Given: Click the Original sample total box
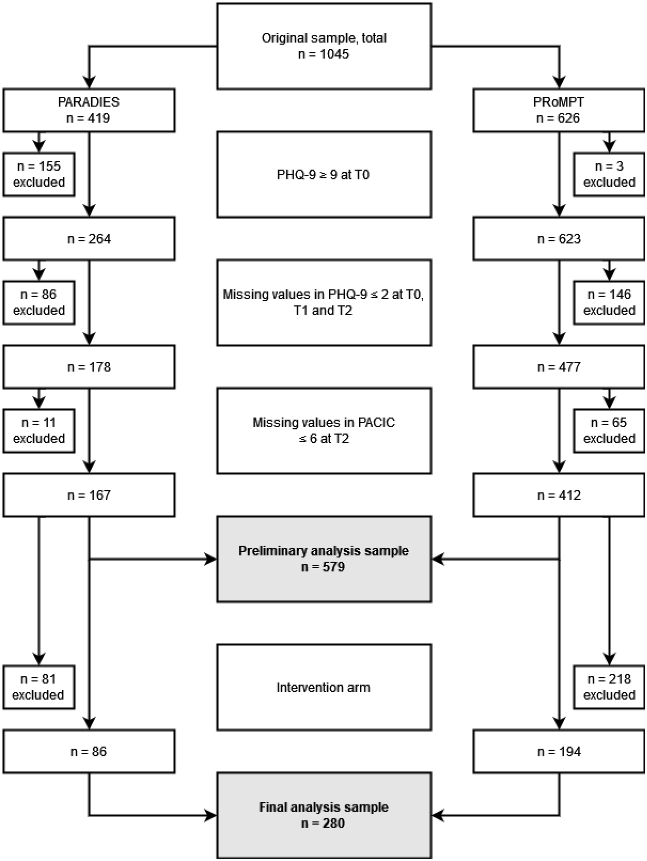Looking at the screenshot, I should click(x=324, y=46).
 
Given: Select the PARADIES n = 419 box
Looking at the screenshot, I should click(x=89, y=110).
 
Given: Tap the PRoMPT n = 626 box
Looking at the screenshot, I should click(x=559, y=110).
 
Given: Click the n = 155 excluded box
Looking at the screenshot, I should click(x=39, y=174).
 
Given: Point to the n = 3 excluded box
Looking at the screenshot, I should click(x=609, y=174).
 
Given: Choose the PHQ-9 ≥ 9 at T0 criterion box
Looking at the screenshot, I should click(x=324, y=174).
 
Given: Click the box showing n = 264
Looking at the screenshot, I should click(x=89, y=239).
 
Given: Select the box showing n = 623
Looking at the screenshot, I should click(x=559, y=239).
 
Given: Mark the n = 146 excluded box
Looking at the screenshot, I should click(x=609, y=303).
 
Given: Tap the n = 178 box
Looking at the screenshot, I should click(x=89, y=367).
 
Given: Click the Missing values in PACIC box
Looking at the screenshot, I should click(x=324, y=430).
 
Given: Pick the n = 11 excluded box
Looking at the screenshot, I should click(x=39, y=430).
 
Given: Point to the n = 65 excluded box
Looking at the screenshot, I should click(x=609, y=430).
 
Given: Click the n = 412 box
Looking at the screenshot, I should click(x=559, y=495).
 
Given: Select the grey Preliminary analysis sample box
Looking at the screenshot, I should click(x=324, y=559).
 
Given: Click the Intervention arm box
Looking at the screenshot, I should click(x=324, y=687).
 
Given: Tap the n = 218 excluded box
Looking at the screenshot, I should click(x=609, y=687).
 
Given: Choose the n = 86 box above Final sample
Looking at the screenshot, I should click(x=89, y=752).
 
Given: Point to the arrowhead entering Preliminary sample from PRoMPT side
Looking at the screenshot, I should click(x=438, y=559).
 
